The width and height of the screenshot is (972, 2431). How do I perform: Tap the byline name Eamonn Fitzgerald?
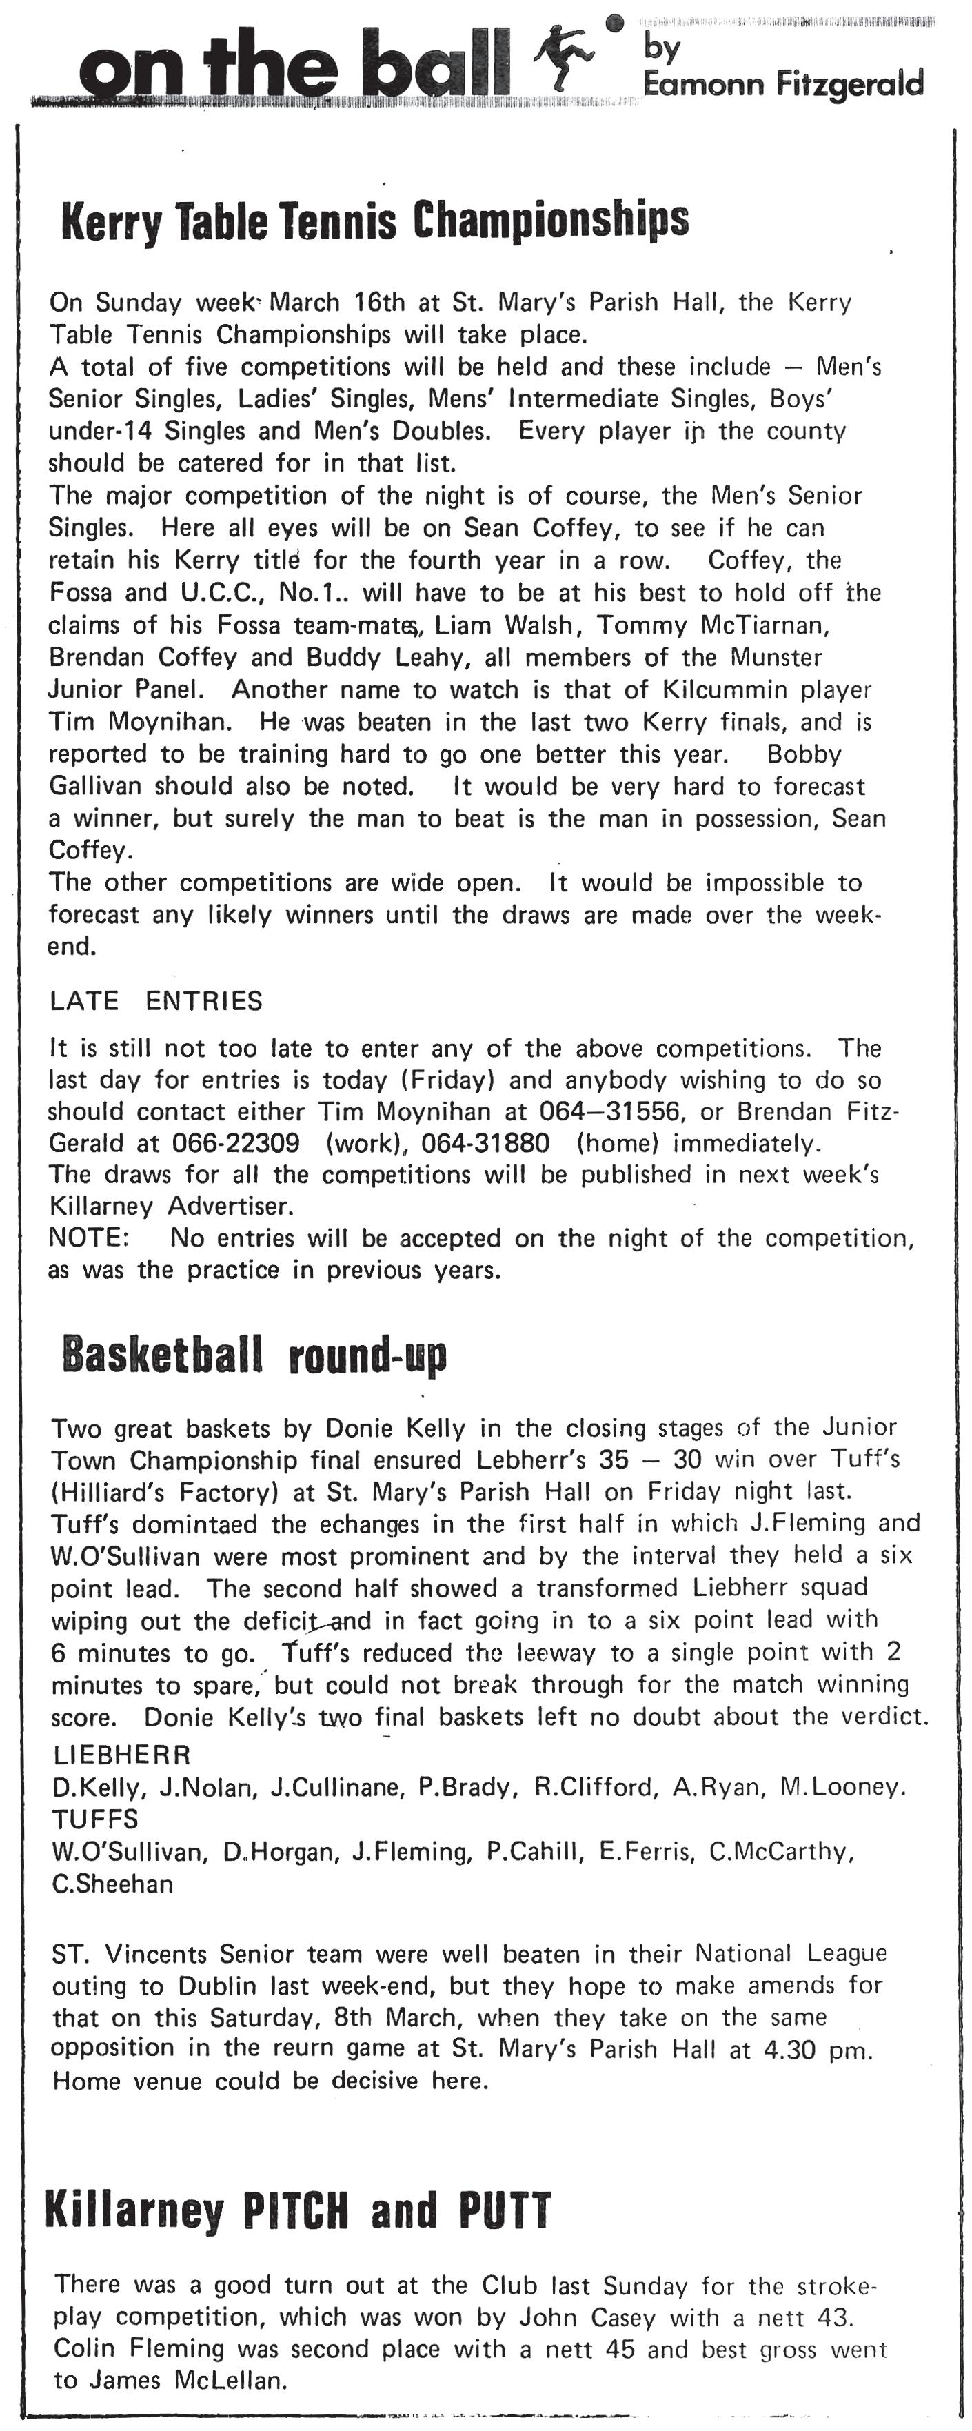pyautogui.click(x=782, y=85)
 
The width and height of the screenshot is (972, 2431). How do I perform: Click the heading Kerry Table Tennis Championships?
pyautogui.click(x=374, y=220)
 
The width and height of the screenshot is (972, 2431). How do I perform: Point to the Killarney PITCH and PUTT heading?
pyautogui.click(x=297, y=2210)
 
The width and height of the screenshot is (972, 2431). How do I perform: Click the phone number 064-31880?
pyautogui.click(x=485, y=1143)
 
